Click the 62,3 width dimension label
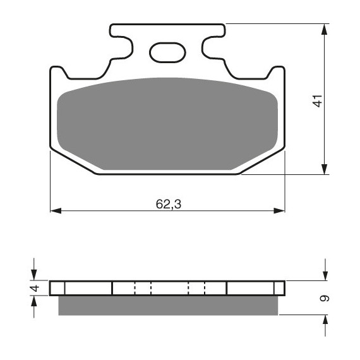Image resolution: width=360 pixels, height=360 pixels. click(x=169, y=204)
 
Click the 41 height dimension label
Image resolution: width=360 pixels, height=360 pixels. click(x=318, y=101)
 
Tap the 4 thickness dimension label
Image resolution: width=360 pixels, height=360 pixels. click(x=35, y=288)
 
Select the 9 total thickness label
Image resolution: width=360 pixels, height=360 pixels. click(x=325, y=298)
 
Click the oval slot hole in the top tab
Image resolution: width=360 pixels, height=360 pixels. click(x=167, y=52)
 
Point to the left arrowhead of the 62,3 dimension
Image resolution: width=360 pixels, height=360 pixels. click(x=56, y=210)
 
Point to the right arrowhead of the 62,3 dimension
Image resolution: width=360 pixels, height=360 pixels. click(x=279, y=210)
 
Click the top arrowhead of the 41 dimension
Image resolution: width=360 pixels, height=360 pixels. click(x=324, y=29)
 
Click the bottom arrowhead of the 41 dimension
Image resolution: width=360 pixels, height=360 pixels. click(x=324, y=169)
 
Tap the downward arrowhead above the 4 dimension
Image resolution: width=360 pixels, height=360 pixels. click(x=34, y=275)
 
